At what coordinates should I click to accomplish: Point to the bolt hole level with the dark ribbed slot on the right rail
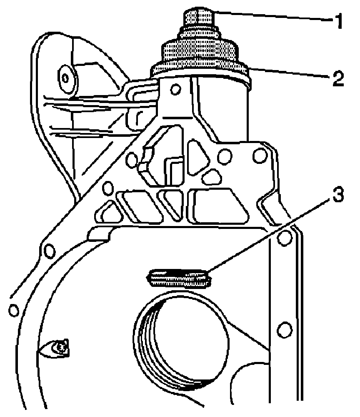point(285,238)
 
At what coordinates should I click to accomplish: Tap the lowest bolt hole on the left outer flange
point(14,310)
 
